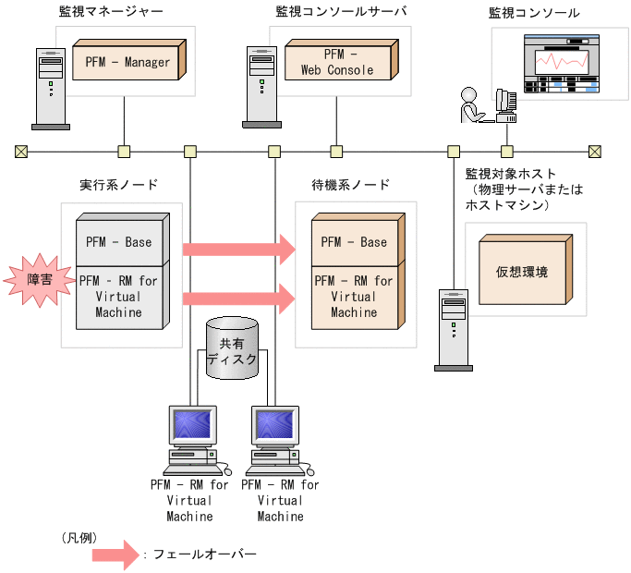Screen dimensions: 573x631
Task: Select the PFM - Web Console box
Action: (337, 63)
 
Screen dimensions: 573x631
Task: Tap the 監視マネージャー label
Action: (110, 13)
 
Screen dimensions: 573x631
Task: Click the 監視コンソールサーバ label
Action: (341, 13)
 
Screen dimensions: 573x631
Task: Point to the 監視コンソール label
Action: (535, 13)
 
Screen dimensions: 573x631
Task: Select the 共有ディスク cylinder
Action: (232, 347)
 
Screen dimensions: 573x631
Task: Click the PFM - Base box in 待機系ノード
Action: (356, 242)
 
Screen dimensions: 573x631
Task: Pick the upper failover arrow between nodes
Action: (239, 249)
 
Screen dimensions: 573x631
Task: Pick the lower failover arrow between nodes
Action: (239, 298)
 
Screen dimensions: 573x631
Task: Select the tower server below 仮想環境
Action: (452, 329)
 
